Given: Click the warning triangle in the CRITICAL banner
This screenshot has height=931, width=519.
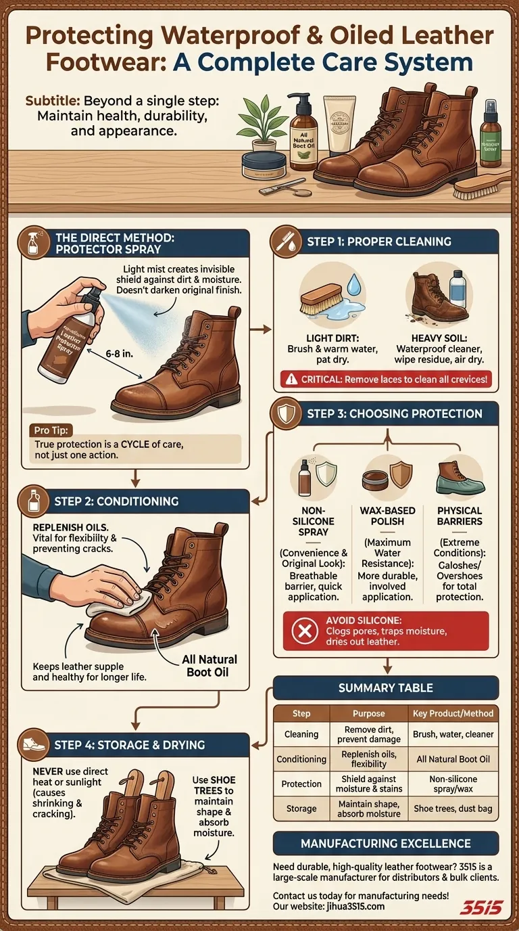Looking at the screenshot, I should (291, 380).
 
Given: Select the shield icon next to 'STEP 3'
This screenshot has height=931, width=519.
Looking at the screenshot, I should (287, 413).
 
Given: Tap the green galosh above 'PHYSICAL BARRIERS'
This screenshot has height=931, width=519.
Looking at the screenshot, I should (460, 478).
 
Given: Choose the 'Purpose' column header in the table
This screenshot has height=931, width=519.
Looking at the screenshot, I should (368, 713).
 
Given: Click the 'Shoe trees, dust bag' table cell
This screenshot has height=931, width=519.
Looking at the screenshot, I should (453, 808).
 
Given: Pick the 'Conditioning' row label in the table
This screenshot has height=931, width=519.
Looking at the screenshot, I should (301, 759).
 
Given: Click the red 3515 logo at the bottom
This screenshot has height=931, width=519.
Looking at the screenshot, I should (480, 907).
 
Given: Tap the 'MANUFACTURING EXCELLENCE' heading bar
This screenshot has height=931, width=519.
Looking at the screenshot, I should (386, 843).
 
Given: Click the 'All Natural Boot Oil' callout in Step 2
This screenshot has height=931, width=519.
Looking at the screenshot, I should (209, 666).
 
